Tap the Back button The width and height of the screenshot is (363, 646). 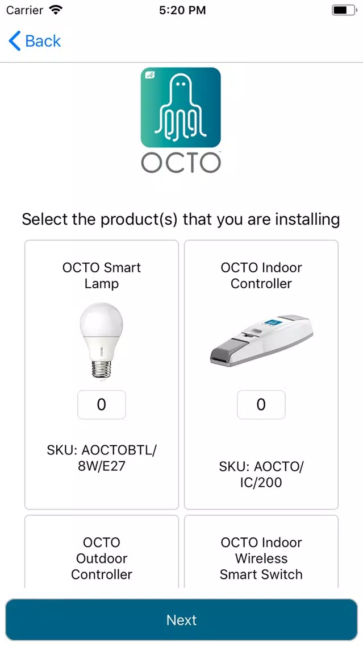pos(35,41)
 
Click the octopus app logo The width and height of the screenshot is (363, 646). pos(181,107)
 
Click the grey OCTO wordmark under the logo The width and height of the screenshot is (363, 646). pos(181,163)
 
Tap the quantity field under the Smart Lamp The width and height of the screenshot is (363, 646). pos(102,404)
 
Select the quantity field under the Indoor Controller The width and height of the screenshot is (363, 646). pos(261,404)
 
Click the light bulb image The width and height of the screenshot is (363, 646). pos(101,340)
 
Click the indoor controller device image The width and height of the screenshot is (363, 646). pos(261,341)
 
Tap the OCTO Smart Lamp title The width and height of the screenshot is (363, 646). pos(102,276)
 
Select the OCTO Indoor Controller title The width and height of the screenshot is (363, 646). pos(261,276)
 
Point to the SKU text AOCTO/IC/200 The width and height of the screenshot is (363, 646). pos(261,474)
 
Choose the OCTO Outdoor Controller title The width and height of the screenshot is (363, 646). pos(102,558)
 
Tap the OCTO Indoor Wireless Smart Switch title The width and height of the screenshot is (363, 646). pos(261,558)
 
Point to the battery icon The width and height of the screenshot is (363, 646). pos(343,10)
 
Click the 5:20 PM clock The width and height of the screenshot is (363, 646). pos(182,10)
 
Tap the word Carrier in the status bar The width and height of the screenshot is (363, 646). pos(24,10)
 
